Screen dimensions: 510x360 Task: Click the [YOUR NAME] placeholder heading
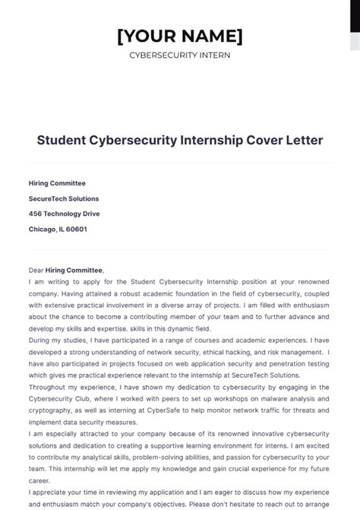click(180, 35)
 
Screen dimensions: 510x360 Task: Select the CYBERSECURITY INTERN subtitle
click(180, 55)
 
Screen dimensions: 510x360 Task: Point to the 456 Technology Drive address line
click(64, 214)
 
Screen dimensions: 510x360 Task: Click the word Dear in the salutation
click(36, 270)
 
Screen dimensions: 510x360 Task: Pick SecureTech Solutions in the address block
click(64, 198)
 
